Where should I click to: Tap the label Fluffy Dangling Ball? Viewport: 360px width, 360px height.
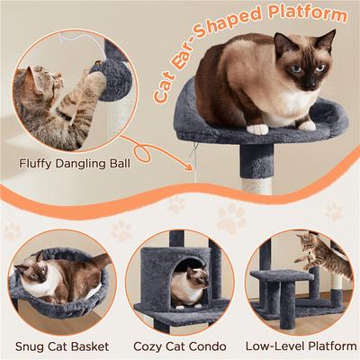click(x=74, y=164)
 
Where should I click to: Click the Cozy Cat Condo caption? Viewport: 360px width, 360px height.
click(x=180, y=346)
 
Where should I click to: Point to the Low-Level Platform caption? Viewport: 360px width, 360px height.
click(x=300, y=346)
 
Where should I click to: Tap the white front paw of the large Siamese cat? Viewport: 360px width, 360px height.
click(x=259, y=129)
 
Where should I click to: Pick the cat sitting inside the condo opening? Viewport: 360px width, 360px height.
click(x=189, y=285)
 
